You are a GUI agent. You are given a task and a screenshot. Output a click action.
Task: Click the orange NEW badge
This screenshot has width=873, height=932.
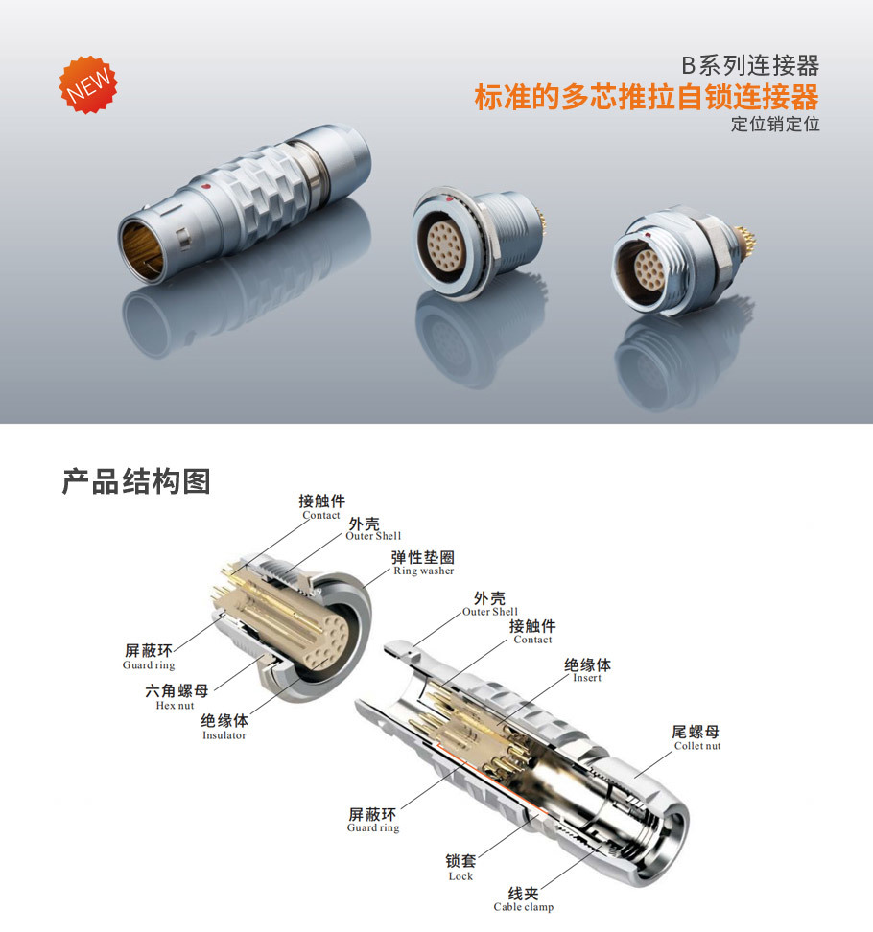(88, 85)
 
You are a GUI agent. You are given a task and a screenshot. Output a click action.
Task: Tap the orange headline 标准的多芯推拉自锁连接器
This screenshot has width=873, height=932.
(647, 97)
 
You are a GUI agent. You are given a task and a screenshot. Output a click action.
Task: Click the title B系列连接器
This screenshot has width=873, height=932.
(750, 65)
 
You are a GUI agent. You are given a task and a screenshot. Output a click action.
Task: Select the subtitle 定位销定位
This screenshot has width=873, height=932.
(775, 124)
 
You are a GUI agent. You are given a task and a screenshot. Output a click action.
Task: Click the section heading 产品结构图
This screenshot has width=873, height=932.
(136, 480)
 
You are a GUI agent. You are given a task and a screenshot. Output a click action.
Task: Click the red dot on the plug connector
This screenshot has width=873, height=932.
(205, 188)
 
